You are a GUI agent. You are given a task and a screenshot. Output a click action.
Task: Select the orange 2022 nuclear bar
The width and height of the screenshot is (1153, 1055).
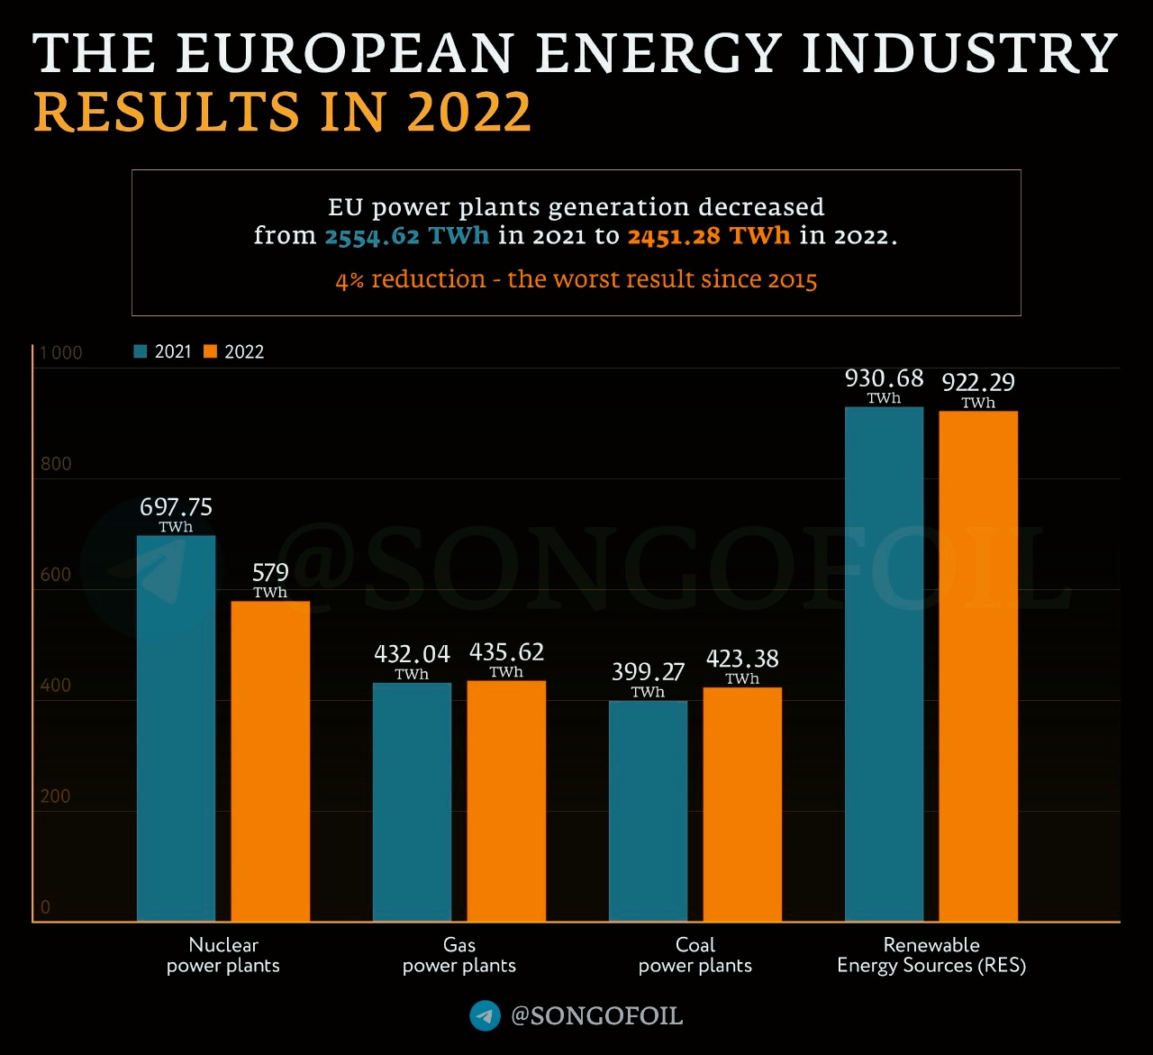coord(270,761)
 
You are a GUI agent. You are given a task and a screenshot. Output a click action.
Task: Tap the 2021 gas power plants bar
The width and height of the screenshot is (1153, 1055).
coord(412,802)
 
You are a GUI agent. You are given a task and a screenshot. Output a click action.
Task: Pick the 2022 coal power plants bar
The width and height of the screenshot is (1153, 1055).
coord(742,805)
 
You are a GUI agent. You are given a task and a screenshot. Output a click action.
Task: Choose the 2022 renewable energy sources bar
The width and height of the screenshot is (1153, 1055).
coord(978,667)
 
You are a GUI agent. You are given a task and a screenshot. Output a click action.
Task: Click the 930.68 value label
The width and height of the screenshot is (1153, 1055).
coord(884,378)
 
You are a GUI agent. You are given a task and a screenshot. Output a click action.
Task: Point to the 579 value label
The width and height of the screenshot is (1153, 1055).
coord(270,573)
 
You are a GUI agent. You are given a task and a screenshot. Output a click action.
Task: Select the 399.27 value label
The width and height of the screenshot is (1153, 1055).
coord(648,672)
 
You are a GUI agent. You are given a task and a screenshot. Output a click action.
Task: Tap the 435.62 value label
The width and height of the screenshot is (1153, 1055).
coord(506,652)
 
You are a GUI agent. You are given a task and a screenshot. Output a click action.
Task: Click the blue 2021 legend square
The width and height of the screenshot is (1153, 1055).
coord(141,351)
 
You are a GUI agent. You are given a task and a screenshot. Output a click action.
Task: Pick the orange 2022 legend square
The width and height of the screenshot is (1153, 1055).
coord(211,351)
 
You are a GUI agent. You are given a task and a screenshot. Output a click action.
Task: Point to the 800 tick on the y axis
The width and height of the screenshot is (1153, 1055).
coord(56,464)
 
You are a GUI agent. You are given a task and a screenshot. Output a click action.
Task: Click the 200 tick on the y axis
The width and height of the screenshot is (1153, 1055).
coord(56,796)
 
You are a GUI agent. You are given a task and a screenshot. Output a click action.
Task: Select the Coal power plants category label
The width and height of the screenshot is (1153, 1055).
coord(695,955)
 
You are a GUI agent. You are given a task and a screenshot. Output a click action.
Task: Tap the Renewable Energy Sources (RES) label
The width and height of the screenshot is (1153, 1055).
coord(931,955)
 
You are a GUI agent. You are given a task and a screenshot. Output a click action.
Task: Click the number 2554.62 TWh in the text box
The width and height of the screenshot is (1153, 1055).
coord(406,236)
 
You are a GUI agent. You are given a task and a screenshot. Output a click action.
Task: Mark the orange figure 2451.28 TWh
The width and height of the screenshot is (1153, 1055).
coord(709,236)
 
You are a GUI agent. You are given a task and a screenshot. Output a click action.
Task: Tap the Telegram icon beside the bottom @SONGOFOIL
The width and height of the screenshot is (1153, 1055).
coord(485,1016)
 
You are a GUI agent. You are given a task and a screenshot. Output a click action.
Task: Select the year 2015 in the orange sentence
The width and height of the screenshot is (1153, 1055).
coord(792,280)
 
